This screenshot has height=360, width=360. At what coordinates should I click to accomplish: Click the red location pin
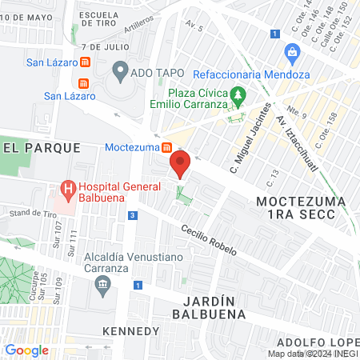coord(180,165)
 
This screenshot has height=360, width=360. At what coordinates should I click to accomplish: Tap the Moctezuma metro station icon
coord(167,147)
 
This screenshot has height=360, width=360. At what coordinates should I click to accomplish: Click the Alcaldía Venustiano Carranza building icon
coord(102,288)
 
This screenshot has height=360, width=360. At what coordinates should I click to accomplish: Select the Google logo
coord(26,350)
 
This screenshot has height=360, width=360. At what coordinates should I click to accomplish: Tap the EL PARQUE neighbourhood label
coord(42,147)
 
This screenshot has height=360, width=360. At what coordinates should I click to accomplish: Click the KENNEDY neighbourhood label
coord(132,331)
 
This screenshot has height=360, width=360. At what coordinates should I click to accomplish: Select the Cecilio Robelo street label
coord(209,239)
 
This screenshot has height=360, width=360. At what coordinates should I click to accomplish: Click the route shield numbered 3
coord(130,215)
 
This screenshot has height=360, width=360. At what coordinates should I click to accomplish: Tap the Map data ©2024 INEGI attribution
coord(313,354)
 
